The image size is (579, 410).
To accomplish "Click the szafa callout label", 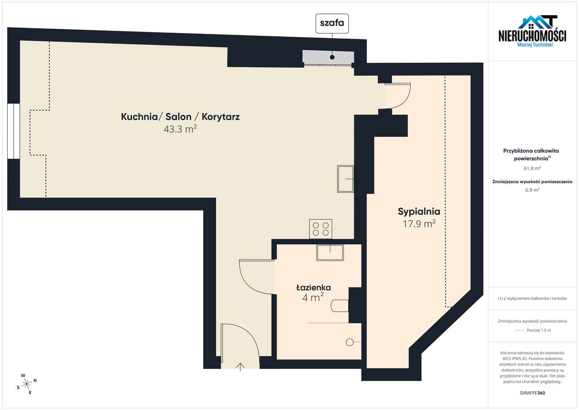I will pyautogui.click(x=332, y=24).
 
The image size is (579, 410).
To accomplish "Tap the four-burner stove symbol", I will pyautogui.click(x=320, y=229).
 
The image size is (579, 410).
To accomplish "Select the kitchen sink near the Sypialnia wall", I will pyautogui.click(x=346, y=179).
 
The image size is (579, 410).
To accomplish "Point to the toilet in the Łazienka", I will pyautogui.click(x=340, y=306).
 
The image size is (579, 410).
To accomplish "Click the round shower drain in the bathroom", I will pyautogui.click(x=349, y=343).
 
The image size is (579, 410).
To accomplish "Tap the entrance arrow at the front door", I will pyautogui.click(x=240, y=366).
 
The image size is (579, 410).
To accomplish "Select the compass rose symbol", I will pyautogui.click(x=27, y=384).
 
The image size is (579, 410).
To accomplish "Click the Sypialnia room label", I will pyautogui.click(x=419, y=211).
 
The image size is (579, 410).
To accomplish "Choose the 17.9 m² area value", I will pyautogui.click(x=419, y=223).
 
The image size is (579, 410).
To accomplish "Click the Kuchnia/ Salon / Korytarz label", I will pyautogui.click(x=180, y=117).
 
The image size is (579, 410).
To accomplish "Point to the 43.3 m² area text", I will pyautogui.click(x=180, y=129).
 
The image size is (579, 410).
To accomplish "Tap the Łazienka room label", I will pyautogui.click(x=313, y=287).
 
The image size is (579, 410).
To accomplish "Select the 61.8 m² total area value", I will pyautogui.click(x=532, y=168).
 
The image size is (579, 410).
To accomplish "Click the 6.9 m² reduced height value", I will pyautogui.click(x=532, y=190).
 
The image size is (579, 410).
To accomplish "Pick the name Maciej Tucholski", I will pyautogui.click(x=535, y=44).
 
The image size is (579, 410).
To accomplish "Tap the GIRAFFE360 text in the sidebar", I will pyautogui.click(x=532, y=393).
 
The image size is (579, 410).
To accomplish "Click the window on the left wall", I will pyautogui.click(x=14, y=131).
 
